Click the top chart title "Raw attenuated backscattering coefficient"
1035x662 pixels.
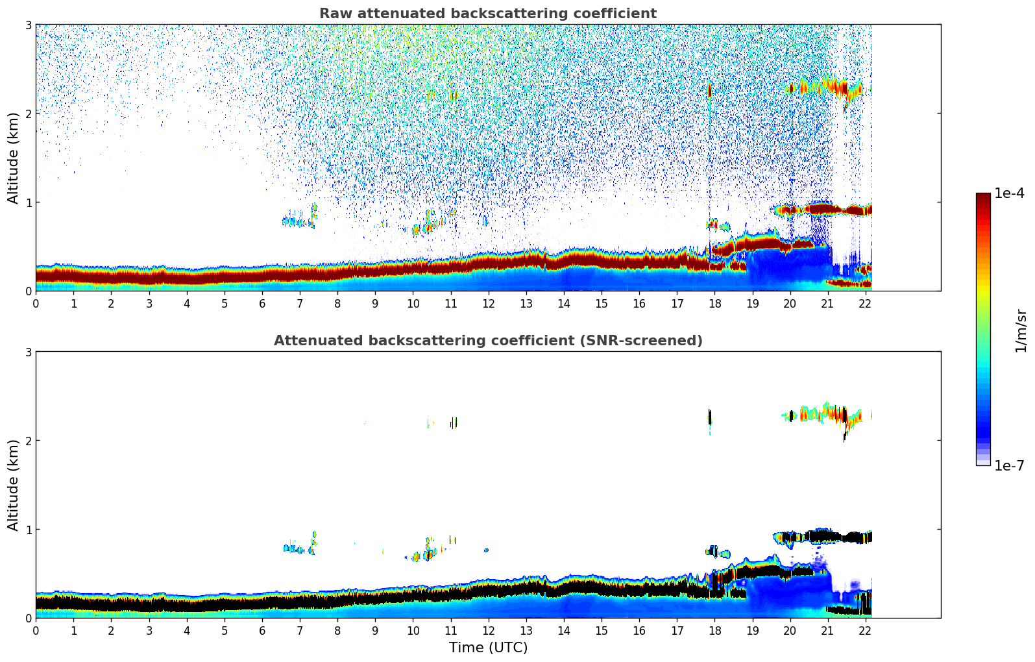487,14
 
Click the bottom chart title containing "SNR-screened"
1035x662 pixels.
487,341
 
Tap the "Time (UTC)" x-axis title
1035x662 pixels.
488,648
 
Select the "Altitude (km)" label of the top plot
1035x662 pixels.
14,158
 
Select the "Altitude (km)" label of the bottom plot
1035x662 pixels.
14,485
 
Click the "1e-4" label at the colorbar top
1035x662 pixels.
1009,193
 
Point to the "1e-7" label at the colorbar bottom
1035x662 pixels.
1009,465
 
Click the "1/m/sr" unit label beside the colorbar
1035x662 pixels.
1021,330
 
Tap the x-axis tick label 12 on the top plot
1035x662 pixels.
488,303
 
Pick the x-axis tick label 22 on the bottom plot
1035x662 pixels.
865,630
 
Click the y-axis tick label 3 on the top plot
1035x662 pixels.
29,25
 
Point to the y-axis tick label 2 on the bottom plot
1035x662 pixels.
29,441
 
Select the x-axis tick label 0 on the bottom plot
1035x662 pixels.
36,630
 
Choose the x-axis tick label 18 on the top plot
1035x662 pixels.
714,303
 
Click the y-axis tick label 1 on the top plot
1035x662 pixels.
29,202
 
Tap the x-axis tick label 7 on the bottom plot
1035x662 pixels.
300,630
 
